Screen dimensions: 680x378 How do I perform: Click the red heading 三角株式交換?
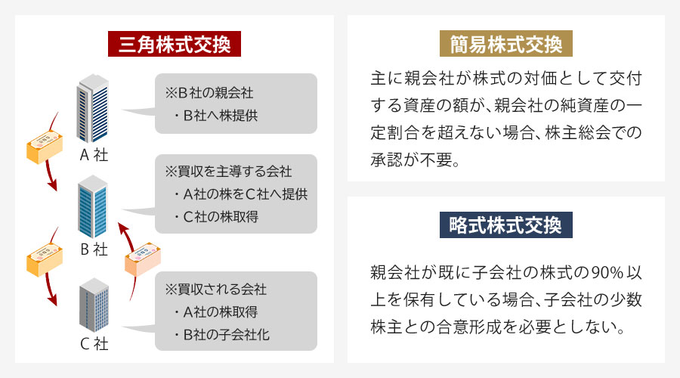[175, 44]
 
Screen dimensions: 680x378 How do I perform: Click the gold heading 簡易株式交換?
[506, 44]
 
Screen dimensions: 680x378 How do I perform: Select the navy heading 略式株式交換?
[506, 225]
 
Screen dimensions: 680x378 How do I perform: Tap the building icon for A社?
[92, 108]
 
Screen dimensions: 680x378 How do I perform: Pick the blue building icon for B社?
[92, 206]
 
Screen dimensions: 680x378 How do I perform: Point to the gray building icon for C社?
[94, 305]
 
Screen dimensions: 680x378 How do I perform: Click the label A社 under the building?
[94, 155]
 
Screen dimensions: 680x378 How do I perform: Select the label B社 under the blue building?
[94, 249]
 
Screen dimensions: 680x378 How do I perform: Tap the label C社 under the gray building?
[94, 344]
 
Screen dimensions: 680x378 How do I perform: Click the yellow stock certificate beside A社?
[45, 146]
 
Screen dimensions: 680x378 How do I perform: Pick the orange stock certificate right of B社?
[143, 259]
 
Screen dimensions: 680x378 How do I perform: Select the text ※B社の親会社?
[209, 93]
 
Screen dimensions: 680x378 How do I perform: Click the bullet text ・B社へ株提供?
[215, 116]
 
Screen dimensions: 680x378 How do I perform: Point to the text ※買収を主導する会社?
[228, 172]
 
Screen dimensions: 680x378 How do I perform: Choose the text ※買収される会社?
[215, 289]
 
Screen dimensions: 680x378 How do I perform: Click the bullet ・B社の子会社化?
[221, 335]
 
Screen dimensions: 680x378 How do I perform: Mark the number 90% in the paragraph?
[607, 273]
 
